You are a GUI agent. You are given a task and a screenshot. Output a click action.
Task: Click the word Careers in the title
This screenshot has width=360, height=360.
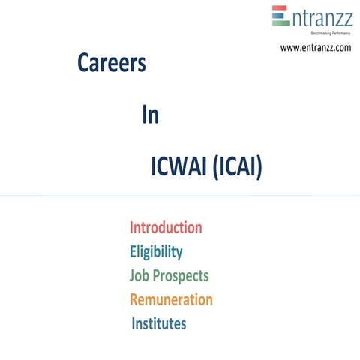(111, 64)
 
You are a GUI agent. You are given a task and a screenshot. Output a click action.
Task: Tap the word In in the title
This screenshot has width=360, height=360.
(150, 116)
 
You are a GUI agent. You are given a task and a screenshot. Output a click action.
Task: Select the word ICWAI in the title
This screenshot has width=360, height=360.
(178, 168)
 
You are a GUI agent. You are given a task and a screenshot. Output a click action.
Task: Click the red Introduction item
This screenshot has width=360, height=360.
(166, 227)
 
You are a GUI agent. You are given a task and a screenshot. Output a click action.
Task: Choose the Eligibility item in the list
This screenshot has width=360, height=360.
(156, 251)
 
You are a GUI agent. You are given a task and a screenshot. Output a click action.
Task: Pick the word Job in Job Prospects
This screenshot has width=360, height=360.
(139, 275)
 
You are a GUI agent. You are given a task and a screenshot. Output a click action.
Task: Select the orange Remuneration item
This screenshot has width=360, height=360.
(171, 299)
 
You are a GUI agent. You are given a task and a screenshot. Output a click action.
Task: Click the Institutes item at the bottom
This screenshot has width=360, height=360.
(159, 324)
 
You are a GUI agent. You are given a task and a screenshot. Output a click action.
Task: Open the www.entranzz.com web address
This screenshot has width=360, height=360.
(315, 48)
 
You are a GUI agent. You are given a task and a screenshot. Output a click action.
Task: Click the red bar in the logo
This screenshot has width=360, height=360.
(280, 9)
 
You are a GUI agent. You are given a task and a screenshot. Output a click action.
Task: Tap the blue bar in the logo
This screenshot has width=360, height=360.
(280, 16)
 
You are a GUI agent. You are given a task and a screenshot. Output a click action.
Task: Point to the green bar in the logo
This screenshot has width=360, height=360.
(280, 23)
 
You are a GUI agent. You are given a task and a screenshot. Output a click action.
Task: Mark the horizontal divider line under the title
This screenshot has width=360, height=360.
(180, 196)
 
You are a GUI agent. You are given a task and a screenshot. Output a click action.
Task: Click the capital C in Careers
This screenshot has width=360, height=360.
(83, 64)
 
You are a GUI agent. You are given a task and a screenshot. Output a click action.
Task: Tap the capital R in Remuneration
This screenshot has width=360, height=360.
(134, 299)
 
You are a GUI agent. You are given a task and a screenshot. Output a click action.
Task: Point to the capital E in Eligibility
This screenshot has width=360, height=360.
(133, 251)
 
